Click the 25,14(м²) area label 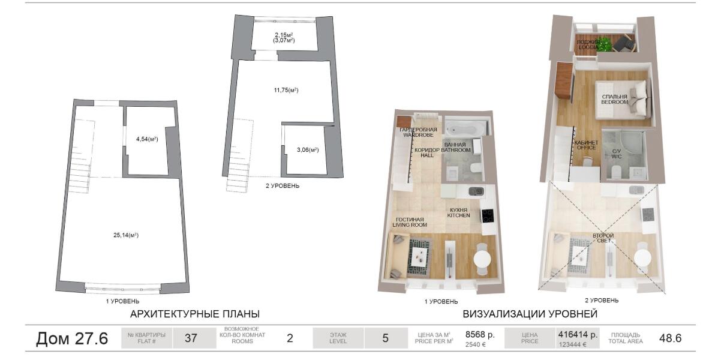(126, 235)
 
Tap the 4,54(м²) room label (147, 139)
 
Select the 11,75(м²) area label (286, 90)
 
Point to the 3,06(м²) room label (308, 150)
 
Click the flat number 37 (191, 338)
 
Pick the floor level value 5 (385, 338)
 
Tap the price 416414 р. (578, 334)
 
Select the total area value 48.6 (671, 338)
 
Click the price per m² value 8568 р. (480, 334)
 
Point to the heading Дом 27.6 (72, 338)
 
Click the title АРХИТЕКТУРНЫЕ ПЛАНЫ (195, 314)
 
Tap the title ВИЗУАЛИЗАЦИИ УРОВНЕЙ (530, 314)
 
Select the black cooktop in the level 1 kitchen (488, 215)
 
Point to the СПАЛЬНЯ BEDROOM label (614, 99)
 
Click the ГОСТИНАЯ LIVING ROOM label (410, 222)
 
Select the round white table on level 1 (482, 259)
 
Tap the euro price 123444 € (573, 344)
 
